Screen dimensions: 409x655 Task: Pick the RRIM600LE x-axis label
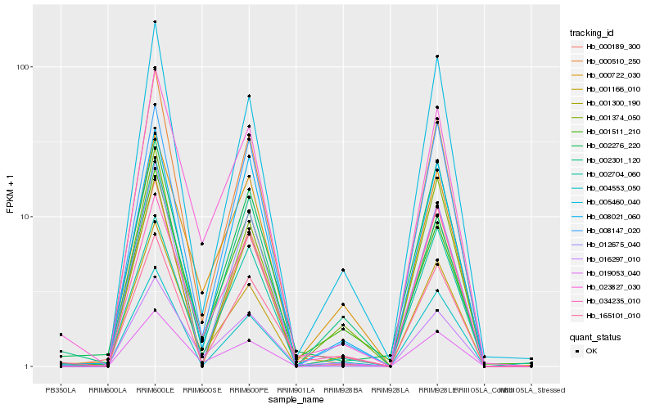click(155, 390)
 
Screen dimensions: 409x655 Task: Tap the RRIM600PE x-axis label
click(249, 390)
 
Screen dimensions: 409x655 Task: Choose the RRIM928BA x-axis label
click(343, 390)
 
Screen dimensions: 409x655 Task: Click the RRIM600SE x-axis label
click(201, 390)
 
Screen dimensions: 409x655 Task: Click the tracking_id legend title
click(593, 33)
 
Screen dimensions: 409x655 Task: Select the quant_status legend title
click(595, 336)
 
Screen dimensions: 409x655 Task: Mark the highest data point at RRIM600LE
click(155, 22)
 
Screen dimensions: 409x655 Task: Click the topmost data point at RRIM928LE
click(437, 56)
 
